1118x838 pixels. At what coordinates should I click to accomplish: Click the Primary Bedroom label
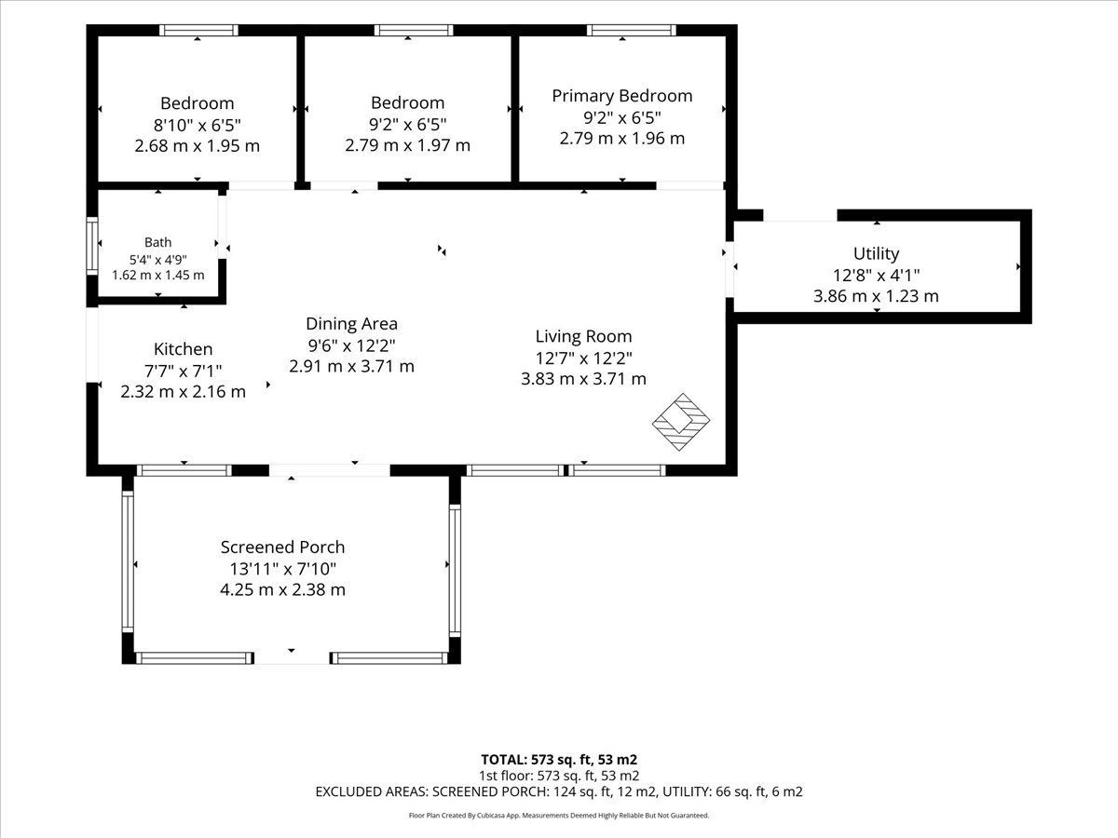[622, 96]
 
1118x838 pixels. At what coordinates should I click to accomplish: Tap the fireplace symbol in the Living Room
[681, 422]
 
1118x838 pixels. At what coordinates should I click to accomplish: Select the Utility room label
[876, 253]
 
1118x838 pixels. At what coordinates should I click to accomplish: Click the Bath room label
[157, 242]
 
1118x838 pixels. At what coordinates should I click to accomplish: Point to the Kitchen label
[183, 349]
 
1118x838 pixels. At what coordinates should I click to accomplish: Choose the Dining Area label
[351, 324]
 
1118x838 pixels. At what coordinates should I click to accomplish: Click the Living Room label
[583, 336]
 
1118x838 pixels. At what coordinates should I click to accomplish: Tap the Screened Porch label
[282, 547]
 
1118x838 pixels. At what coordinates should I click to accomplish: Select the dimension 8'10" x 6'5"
[198, 125]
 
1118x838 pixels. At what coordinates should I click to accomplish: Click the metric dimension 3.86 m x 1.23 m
[876, 296]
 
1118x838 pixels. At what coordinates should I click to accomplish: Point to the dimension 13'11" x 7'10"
[282, 568]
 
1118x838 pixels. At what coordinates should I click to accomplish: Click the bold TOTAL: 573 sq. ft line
[559, 760]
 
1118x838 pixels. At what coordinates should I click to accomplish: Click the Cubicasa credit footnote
[559, 816]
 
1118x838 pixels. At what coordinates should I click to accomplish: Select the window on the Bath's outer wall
[91, 246]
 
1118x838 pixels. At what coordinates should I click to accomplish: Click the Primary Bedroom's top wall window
[631, 30]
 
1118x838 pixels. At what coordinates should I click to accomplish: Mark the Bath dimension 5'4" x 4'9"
[157, 260]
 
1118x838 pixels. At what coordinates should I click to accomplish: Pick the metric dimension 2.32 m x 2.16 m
[183, 392]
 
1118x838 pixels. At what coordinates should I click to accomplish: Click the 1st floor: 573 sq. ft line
[559, 776]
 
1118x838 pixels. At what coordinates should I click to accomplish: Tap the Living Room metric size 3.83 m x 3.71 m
[583, 379]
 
